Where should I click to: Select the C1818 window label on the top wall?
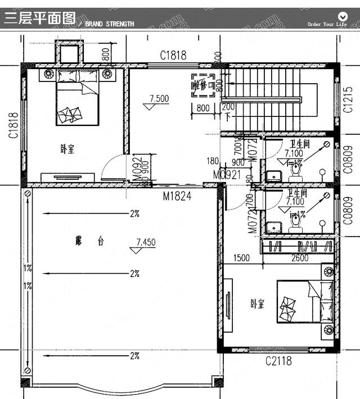173,56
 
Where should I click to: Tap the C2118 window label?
278,361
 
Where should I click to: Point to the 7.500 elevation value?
159,98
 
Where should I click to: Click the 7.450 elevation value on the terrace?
146,242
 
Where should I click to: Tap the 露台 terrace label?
89,241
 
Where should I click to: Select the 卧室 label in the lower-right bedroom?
258,303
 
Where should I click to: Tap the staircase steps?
264,98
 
